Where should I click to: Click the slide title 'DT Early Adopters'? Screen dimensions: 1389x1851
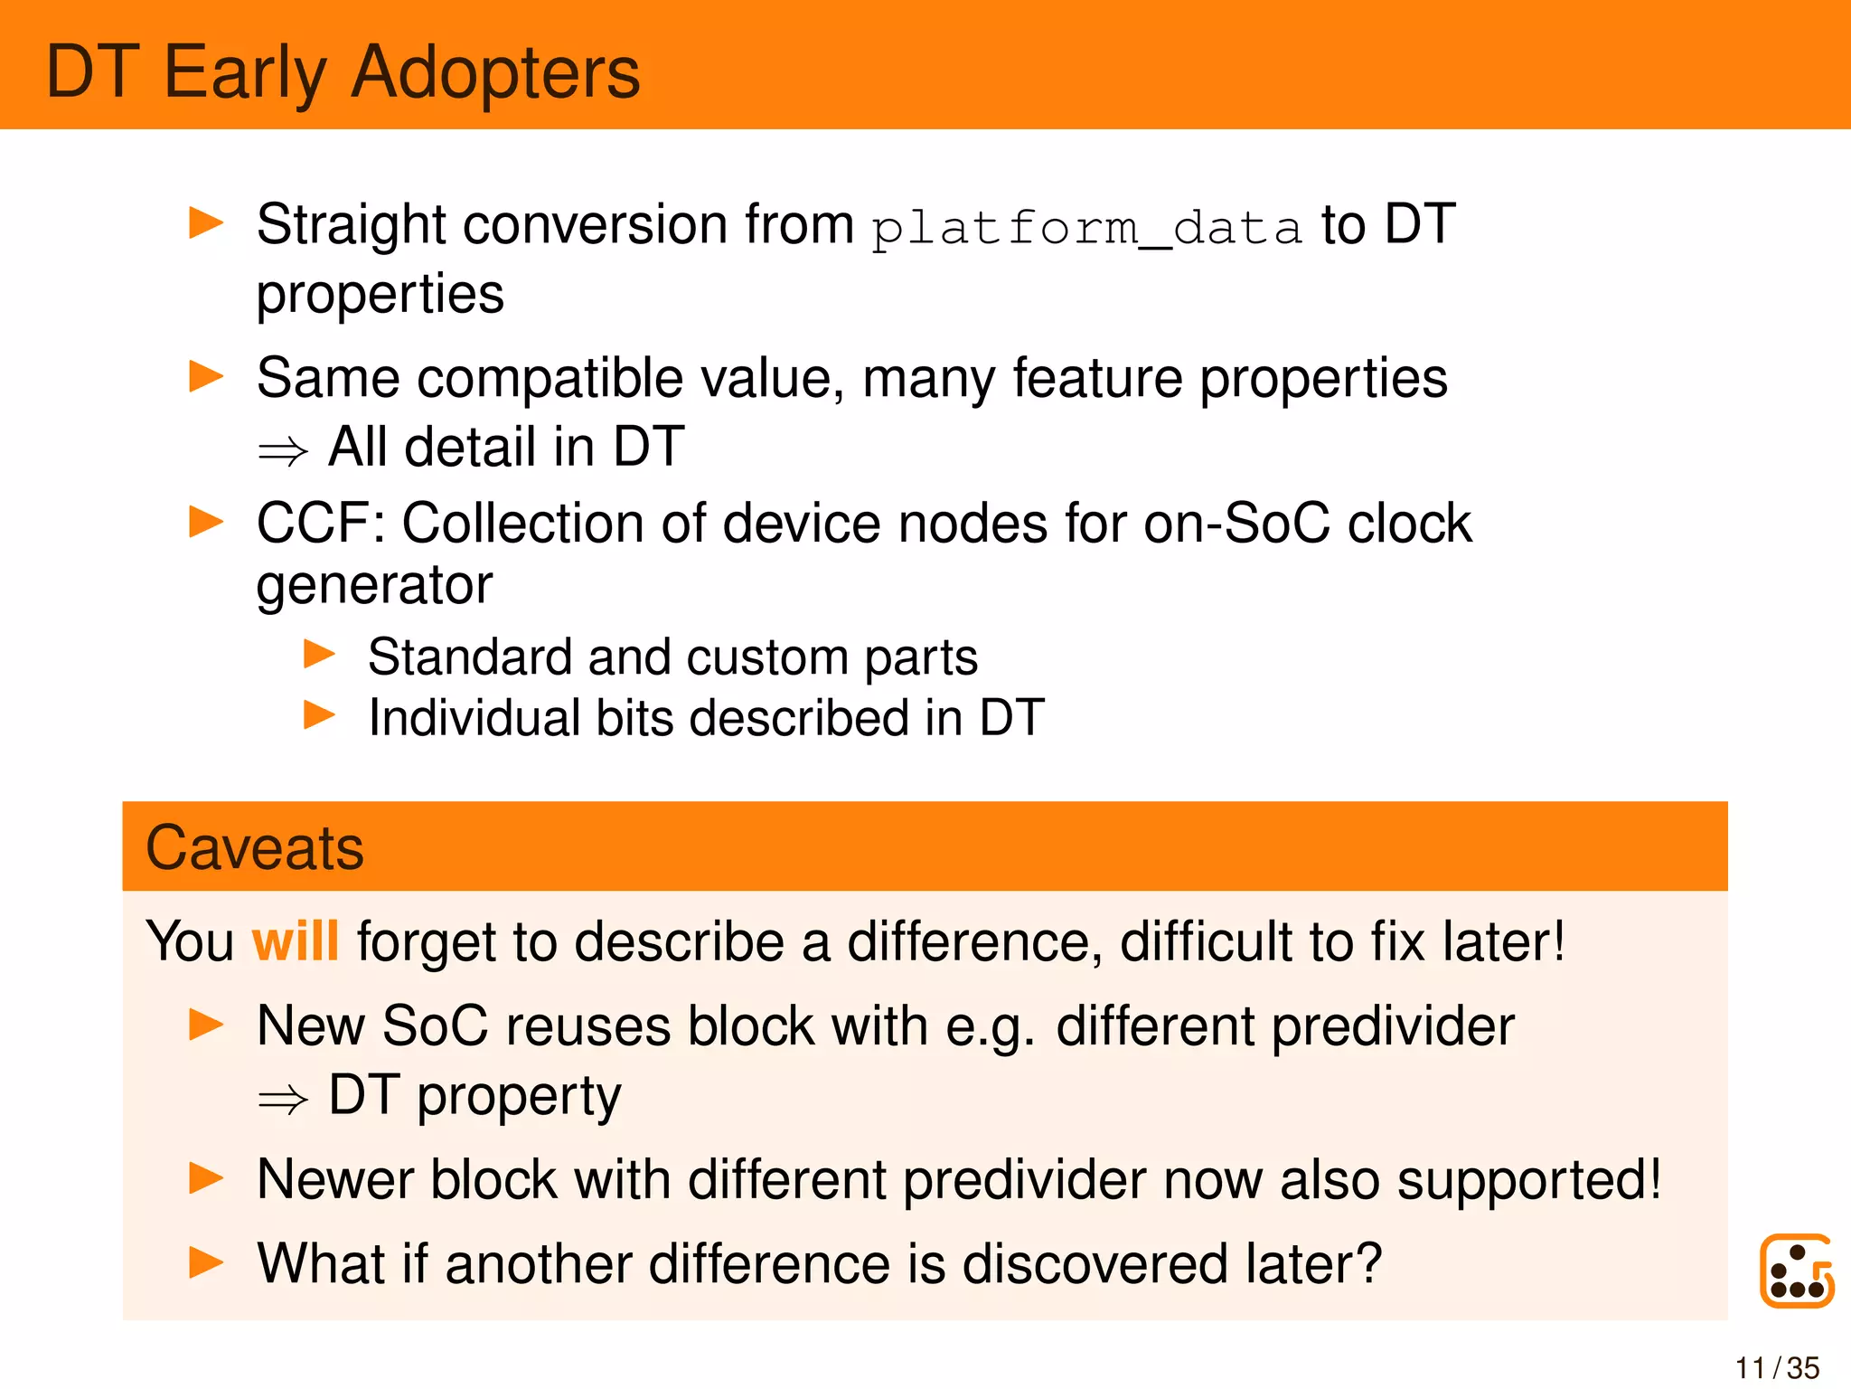point(343,72)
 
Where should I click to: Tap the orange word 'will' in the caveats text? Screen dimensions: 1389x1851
point(295,942)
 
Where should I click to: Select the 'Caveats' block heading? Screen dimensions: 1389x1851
point(255,848)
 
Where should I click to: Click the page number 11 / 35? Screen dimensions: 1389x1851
point(1776,1368)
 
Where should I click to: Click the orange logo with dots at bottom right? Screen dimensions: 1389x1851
point(1796,1271)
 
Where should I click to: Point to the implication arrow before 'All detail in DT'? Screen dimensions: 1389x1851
point(283,450)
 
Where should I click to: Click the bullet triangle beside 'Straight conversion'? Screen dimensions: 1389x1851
point(206,223)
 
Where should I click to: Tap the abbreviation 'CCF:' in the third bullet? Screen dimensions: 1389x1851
point(321,524)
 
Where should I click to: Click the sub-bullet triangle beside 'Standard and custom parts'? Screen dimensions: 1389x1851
point(319,654)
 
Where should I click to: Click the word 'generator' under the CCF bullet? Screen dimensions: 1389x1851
point(374,585)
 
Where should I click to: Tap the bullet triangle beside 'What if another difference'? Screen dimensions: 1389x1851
point(206,1262)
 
